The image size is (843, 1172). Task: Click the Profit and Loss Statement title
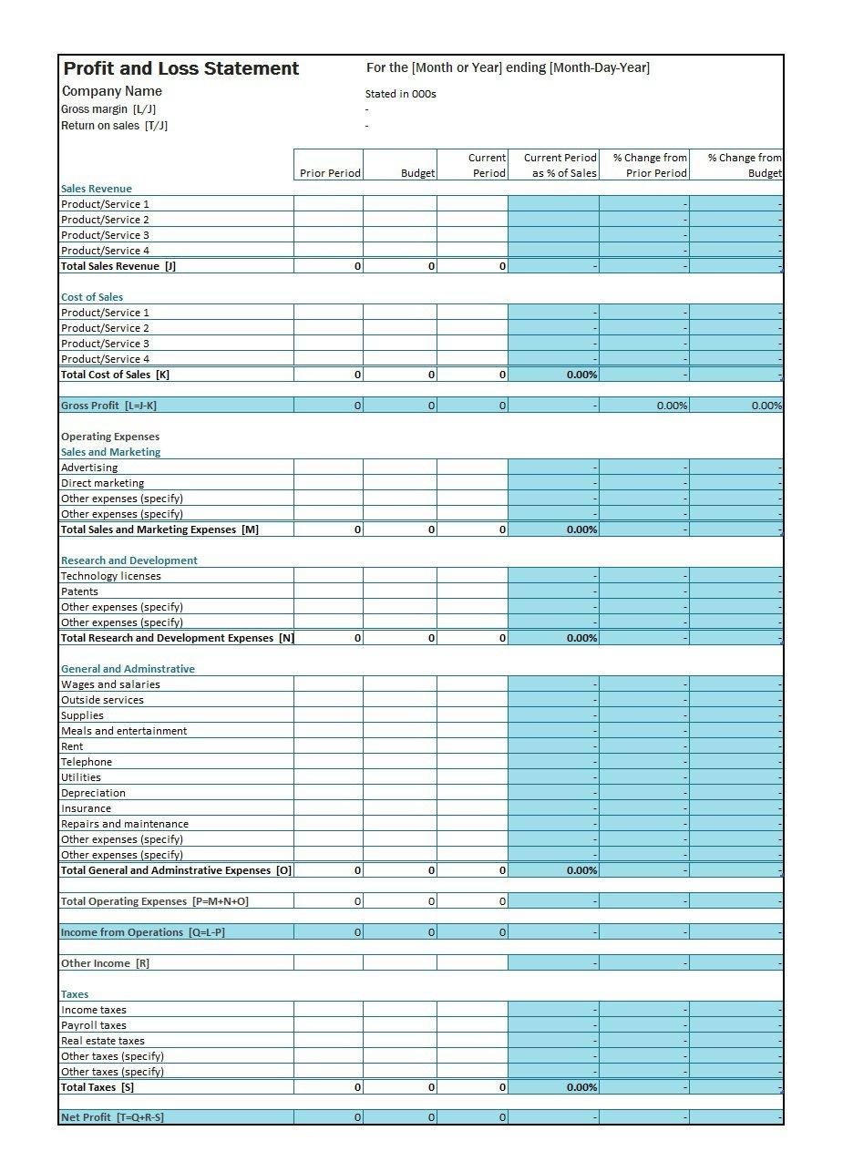click(x=180, y=68)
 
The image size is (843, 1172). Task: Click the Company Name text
click(x=111, y=91)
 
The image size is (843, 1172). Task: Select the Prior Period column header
click(x=330, y=173)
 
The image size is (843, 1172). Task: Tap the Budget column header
click(x=417, y=173)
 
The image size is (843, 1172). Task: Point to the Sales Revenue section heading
click(x=96, y=189)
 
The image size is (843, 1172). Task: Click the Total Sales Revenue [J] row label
click(x=118, y=266)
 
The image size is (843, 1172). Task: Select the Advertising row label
click(x=89, y=468)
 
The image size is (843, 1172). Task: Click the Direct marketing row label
click(x=102, y=483)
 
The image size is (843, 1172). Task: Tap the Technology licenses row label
click(x=110, y=576)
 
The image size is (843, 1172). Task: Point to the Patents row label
click(x=79, y=591)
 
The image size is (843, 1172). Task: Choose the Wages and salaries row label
click(x=110, y=684)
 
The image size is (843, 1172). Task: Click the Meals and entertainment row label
click(x=124, y=731)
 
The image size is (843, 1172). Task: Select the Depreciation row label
click(x=93, y=793)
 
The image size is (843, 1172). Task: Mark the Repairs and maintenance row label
click(x=125, y=824)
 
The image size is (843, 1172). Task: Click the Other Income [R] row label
click(x=105, y=963)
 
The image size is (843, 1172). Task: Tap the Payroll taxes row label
click(x=94, y=1025)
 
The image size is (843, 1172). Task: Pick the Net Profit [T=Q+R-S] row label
click(x=112, y=1117)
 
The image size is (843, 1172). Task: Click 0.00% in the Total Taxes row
click(x=581, y=1087)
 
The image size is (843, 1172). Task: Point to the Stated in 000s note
click(x=400, y=94)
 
